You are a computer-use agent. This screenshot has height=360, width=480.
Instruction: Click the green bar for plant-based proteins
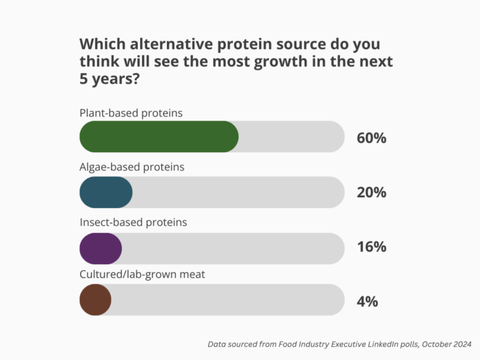159,137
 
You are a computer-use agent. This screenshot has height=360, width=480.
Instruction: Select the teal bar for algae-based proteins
106,192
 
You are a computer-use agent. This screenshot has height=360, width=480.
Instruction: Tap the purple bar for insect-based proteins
101,248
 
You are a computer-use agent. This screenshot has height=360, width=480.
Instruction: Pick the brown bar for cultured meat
95,301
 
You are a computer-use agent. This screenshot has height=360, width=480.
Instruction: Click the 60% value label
371,137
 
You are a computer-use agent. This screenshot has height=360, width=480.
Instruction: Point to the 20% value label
371,192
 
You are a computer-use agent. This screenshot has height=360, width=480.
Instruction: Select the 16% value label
371,247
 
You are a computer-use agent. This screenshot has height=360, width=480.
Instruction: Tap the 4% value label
367,301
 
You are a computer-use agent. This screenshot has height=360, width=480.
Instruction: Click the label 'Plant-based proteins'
131,112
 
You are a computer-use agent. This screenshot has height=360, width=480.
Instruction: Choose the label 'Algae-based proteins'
132,167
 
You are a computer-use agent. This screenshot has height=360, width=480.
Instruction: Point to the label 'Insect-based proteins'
133,222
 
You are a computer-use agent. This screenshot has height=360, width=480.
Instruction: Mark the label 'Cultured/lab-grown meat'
142,275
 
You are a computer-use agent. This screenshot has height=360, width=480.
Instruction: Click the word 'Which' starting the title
101,43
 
